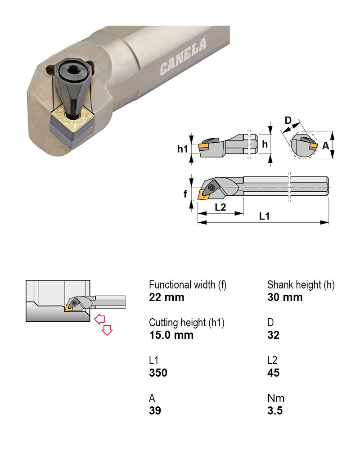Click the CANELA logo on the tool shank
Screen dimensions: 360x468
(x=183, y=56)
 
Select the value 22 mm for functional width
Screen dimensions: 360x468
(x=166, y=297)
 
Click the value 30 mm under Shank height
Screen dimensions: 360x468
(x=285, y=297)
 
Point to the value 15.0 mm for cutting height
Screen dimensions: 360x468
(x=171, y=335)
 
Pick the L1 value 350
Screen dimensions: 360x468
(x=158, y=373)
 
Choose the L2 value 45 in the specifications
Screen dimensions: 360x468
(x=274, y=373)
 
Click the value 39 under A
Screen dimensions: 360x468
(x=155, y=410)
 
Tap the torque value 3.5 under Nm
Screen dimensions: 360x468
(x=275, y=410)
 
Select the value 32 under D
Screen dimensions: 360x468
(x=274, y=335)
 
